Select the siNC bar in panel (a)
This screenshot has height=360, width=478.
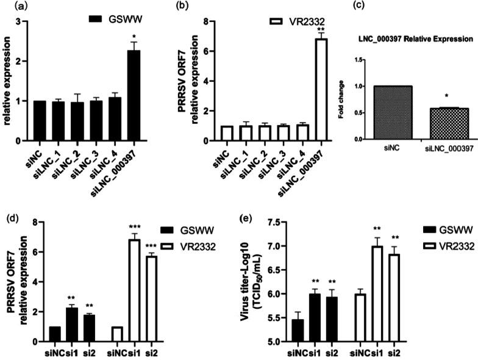40,120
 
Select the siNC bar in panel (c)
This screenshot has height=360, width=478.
377,112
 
